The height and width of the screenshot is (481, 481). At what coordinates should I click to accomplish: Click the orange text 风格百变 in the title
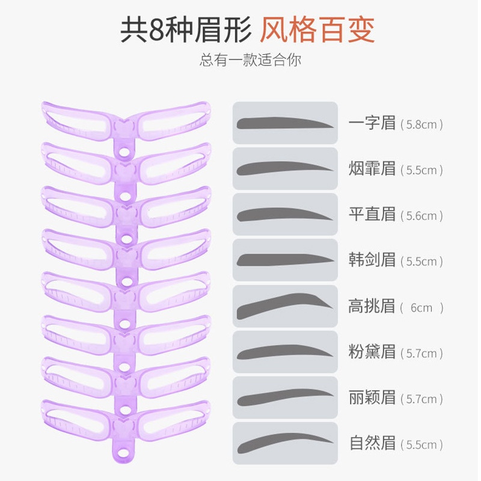(317, 31)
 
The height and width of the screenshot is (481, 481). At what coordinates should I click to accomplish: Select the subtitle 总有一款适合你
(251, 61)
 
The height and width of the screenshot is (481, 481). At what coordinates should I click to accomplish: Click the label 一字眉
(372, 123)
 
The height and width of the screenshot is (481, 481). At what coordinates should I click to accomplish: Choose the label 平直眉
(372, 215)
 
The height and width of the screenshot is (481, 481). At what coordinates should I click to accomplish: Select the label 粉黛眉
(372, 352)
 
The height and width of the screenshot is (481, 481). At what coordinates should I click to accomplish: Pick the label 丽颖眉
(372, 397)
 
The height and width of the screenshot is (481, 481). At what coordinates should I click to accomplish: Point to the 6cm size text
(421, 308)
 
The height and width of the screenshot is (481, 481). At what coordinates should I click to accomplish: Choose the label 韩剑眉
(372, 260)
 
